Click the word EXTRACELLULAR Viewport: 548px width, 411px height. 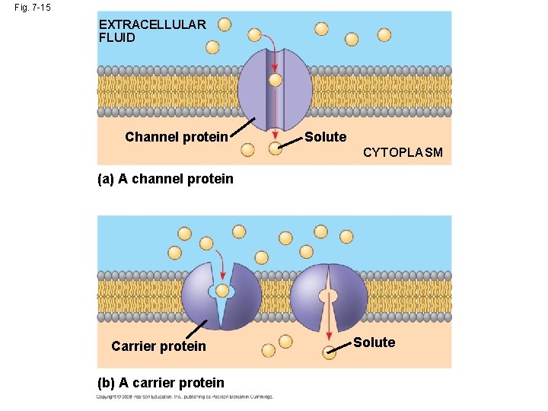pyautogui.click(x=152, y=24)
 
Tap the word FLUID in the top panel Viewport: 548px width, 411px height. pyautogui.click(x=116, y=37)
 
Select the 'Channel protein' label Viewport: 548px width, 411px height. pyautogui.click(x=176, y=137)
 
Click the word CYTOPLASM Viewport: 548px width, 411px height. pyautogui.click(x=402, y=152)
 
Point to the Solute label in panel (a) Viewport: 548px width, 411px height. pyautogui.click(x=325, y=137)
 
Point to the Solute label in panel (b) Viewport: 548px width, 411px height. pyautogui.click(x=374, y=342)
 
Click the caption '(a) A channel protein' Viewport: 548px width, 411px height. pyautogui.click(x=165, y=180)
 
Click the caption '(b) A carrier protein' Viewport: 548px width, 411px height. pyautogui.click(x=161, y=383)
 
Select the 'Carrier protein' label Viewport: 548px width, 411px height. pyautogui.click(x=158, y=346)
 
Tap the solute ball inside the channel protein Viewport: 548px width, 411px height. pyautogui.click(x=276, y=79)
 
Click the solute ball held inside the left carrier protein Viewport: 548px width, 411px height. pyautogui.click(x=222, y=290)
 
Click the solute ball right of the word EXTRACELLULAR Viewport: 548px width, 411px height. pyautogui.click(x=225, y=24)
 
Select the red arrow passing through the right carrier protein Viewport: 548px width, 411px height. pyautogui.click(x=328, y=312)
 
